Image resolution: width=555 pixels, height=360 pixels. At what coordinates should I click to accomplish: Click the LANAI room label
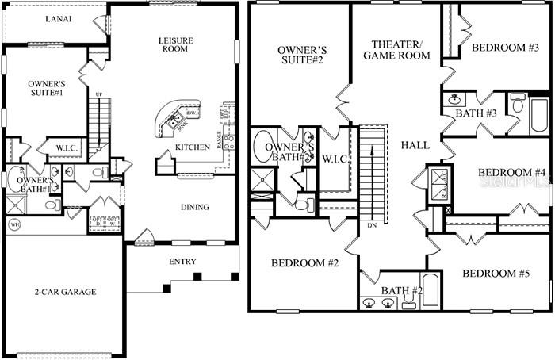(x=59, y=18)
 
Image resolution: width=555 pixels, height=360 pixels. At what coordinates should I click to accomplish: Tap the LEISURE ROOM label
(x=175, y=44)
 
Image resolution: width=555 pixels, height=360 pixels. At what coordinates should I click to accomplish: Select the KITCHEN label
(x=192, y=147)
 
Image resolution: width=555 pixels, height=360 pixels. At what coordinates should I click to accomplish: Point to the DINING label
(x=194, y=207)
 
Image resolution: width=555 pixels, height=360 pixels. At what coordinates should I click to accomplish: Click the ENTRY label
(x=182, y=262)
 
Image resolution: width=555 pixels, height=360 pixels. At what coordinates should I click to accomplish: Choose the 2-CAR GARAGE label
(x=67, y=292)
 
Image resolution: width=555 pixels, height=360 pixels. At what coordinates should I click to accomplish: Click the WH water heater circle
(x=13, y=225)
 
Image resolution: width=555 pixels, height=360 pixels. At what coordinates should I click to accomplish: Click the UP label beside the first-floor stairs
(x=98, y=95)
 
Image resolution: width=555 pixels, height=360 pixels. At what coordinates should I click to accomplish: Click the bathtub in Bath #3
(x=538, y=114)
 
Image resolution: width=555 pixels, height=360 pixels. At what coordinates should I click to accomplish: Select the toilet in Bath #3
(x=517, y=104)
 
